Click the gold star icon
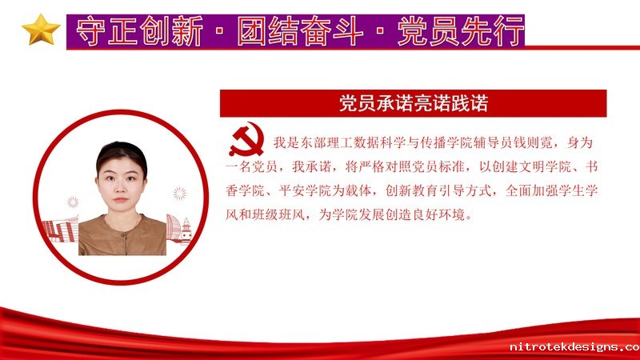[41, 30]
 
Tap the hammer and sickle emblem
[246, 139]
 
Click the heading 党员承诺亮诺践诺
[414, 103]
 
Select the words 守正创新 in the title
[139, 31]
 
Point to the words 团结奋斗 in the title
[300, 31]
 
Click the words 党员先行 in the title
[461, 31]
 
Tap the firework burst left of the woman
[73, 202]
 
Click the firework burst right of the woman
[179, 193]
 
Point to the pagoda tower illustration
[186, 231]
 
